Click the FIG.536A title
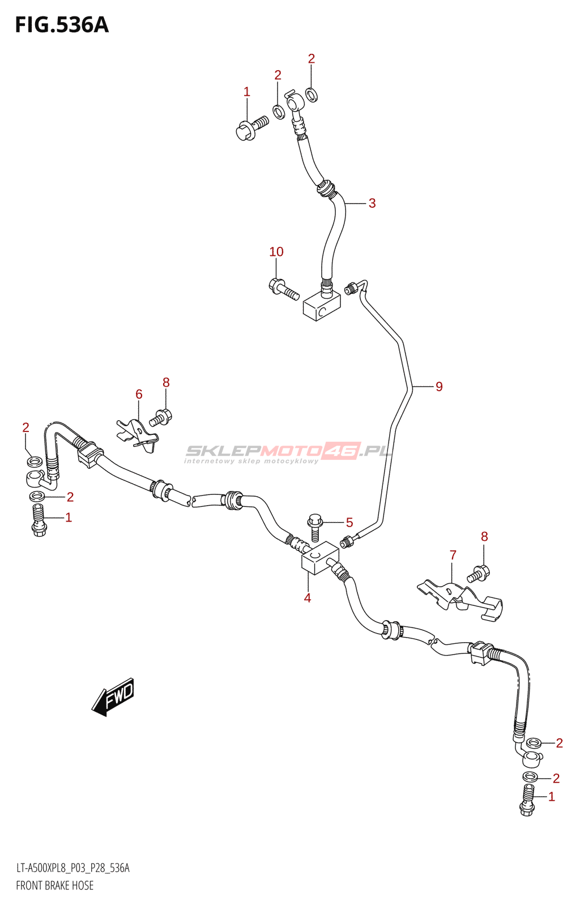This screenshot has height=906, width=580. pos(61,25)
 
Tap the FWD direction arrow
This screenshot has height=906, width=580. pos(113,696)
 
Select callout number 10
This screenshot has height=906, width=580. pos(276,252)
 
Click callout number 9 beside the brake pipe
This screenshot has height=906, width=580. pos(439,387)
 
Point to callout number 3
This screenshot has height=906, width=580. pos(372,203)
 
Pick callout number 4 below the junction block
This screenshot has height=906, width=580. pos(307,598)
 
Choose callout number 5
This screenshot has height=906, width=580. pos(349,523)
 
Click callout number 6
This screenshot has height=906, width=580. pos(139,394)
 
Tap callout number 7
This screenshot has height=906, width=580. pos(453,555)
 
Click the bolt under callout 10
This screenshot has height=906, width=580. pos(283,289)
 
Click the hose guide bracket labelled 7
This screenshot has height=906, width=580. pos(459,599)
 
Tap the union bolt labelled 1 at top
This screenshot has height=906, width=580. pos(251,127)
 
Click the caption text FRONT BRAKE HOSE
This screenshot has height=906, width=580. pos(55,886)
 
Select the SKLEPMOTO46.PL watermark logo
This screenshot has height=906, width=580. pos(289,451)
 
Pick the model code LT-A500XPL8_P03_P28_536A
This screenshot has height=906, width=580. pos(72,868)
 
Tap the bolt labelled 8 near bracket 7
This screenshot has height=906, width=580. pos(479,574)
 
